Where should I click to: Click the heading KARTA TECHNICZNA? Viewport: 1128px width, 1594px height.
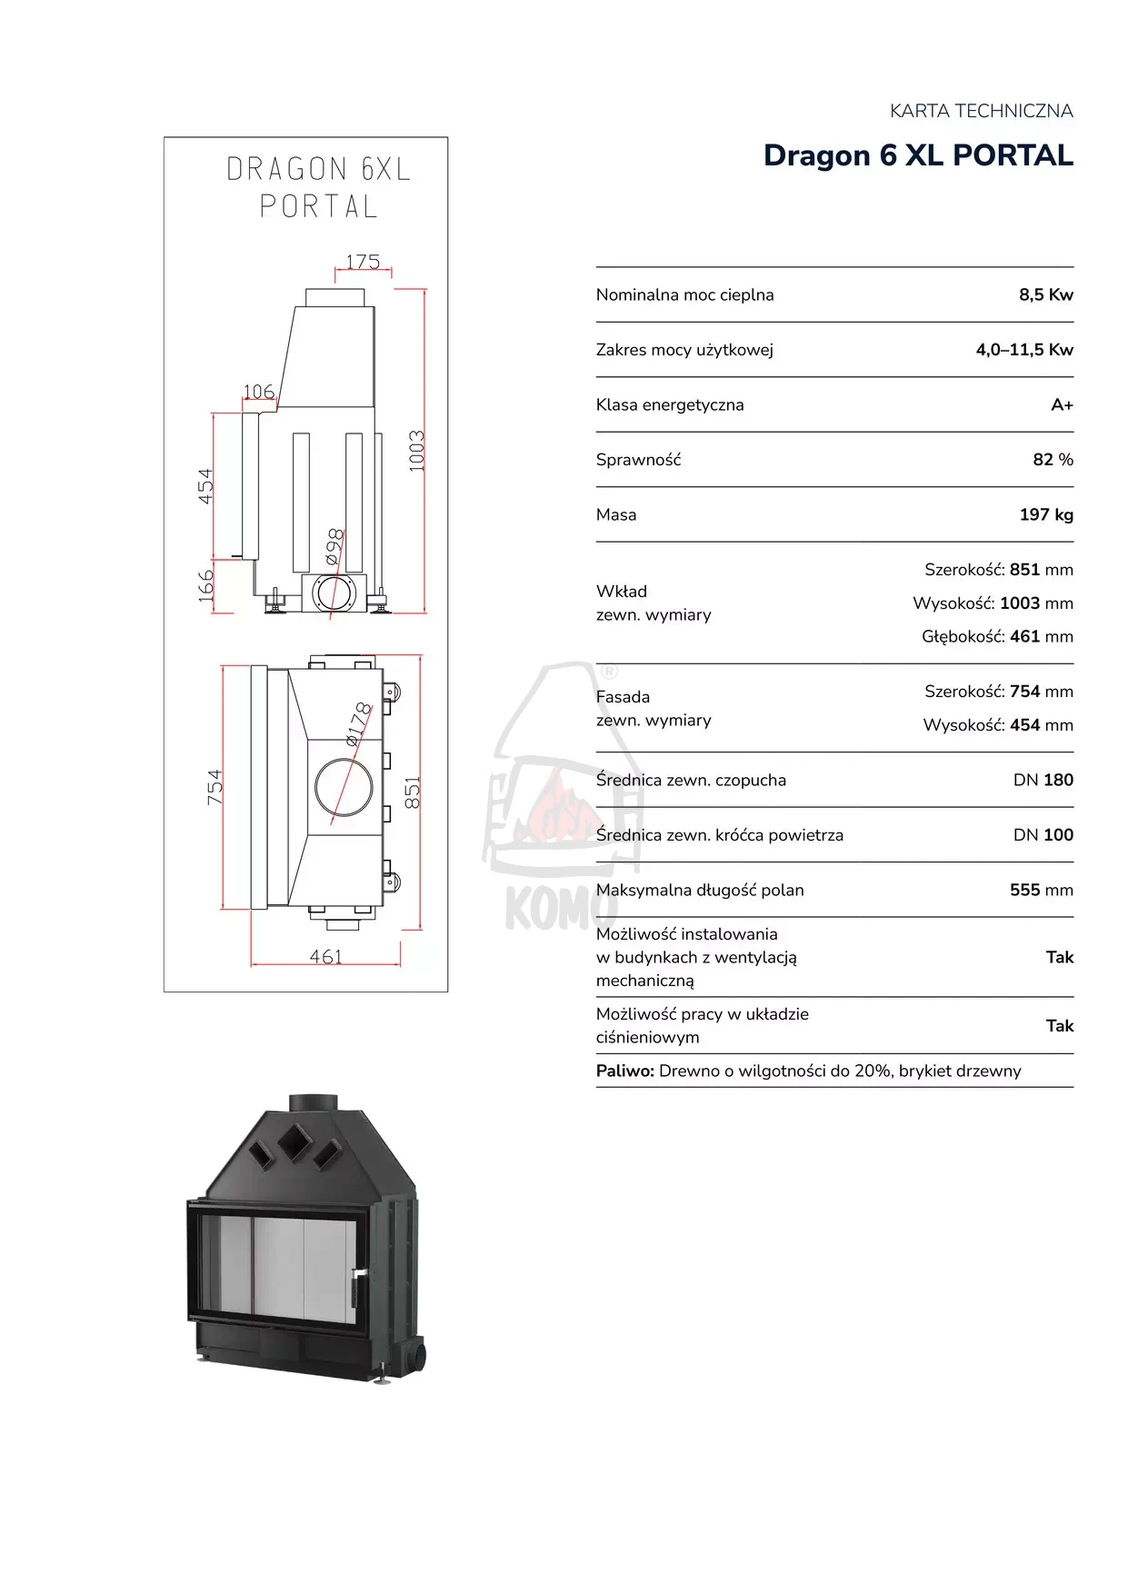pyautogui.click(x=982, y=111)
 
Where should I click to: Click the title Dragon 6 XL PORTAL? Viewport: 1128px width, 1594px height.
pyautogui.click(x=918, y=155)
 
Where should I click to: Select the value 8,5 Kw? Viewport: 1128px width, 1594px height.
pyautogui.click(x=1046, y=294)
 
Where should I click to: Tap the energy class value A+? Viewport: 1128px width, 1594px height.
pyautogui.click(x=1062, y=404)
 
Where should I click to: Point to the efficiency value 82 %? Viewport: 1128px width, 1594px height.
pyautogui.click(x=1053, y=460)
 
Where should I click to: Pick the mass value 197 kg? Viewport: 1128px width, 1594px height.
pyautogui.click(x=1046, y=514)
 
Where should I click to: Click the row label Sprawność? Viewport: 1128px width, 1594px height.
pyautogui.click(x=638, y=460)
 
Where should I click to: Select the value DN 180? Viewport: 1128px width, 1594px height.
pyautogui.click(x=1043, y=780)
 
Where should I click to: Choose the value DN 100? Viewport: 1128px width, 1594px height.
pyautogui.click(x=1043, y=834)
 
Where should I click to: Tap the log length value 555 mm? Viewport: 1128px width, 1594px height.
pyautogui.click(x=1042, y=890)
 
